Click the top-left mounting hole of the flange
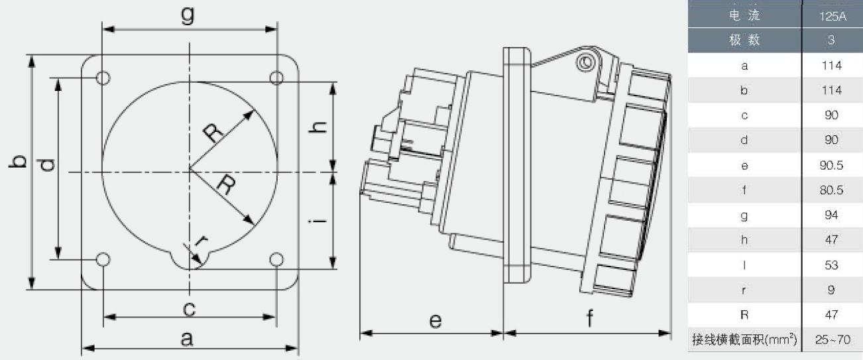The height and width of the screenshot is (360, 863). pos(103,78)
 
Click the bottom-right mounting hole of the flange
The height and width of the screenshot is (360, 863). pos(276,259)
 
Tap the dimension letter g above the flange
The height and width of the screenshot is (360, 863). pos(188,15)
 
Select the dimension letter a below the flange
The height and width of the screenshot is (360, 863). pos(187,339)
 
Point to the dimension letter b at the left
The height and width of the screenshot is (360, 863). pos(18,162)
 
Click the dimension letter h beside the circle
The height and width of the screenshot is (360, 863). pos(318,127)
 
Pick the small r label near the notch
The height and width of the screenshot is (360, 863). pos(201,241)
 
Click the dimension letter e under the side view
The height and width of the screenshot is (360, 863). pos(435,321)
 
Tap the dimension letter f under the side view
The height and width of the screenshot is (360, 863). pos(589,318)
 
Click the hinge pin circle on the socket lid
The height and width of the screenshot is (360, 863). pos(586,62)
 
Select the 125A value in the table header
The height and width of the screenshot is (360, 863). pos(833,16)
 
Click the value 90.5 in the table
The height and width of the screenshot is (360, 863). pos(831,165)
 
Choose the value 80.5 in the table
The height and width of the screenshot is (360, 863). pos(831,190)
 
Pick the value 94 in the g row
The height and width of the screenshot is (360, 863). pos(831,215)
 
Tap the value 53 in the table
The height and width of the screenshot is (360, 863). pos(831,265)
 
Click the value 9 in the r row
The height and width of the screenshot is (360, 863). pos(831,290)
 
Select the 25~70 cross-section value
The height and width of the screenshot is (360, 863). pos(833,339)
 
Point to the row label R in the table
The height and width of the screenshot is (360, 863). pos(744,315)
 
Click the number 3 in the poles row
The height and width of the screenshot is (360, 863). pos(831,40)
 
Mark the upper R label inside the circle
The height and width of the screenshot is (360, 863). pos(213,133)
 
